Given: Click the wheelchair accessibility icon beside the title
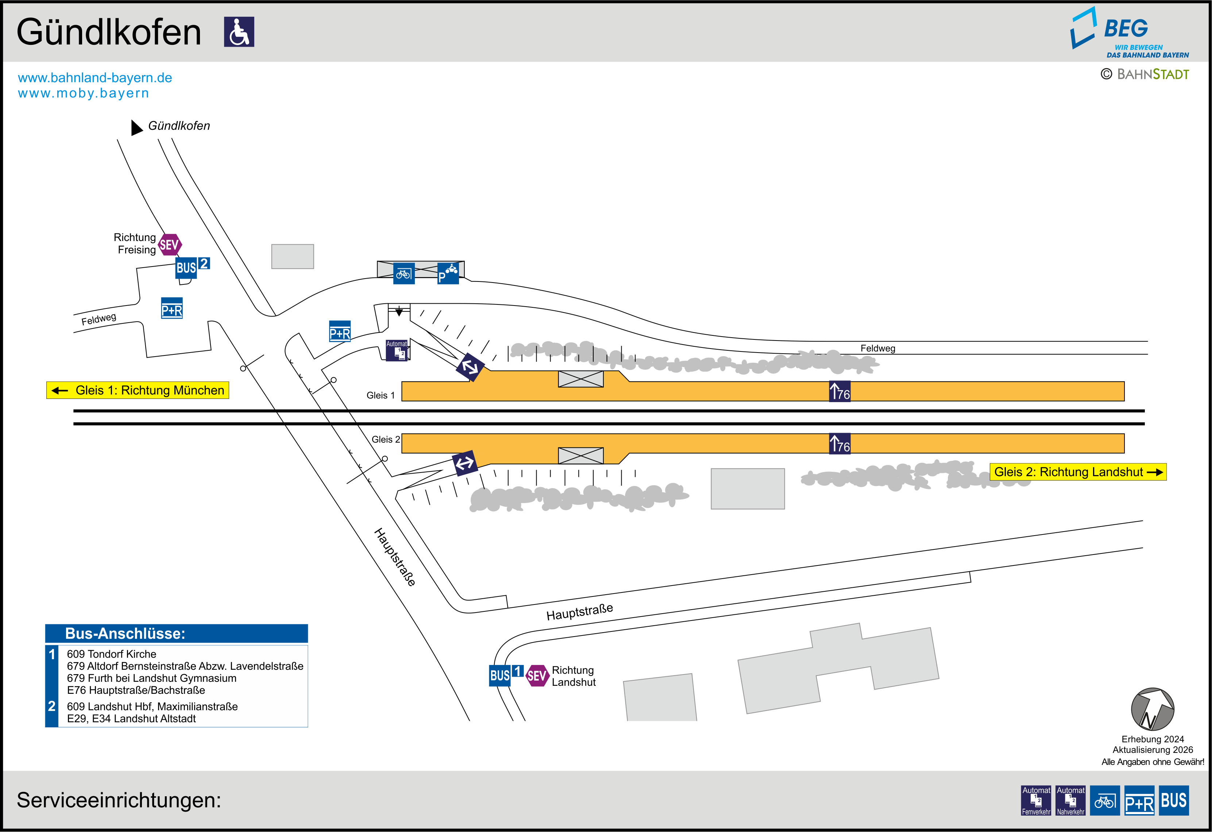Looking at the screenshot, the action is pyautogui.click(x=239, y=32).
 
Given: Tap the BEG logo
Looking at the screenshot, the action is pyautogui.click(x=1129, y=32).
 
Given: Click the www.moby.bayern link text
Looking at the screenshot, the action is pyautogui.click(x=84, y=93).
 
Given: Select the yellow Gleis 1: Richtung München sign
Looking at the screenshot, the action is pyautogui.click(x=138, y=390).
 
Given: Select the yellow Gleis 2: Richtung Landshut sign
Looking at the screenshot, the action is pyautogui.click(x=1078, y=472).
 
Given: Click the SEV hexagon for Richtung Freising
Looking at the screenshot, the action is pyautogui.click(x=170, y=245).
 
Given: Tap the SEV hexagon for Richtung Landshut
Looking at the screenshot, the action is pyautogui.click(x=537, y=676).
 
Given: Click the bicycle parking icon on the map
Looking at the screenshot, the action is pyautogui.click(x=404, y=273).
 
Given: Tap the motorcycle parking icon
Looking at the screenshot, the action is pyautogui.click(x=448, y=273).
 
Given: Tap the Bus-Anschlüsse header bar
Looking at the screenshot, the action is pyautogui.click(x=176, y=633).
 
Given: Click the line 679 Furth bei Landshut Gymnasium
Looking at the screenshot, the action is pyautogui.click(x=152, y=678).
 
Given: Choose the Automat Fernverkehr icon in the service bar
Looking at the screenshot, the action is pyautogui.click(x=1036, y=800).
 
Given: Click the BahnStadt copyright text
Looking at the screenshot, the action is pyautogui.click(x=1145, y=74).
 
